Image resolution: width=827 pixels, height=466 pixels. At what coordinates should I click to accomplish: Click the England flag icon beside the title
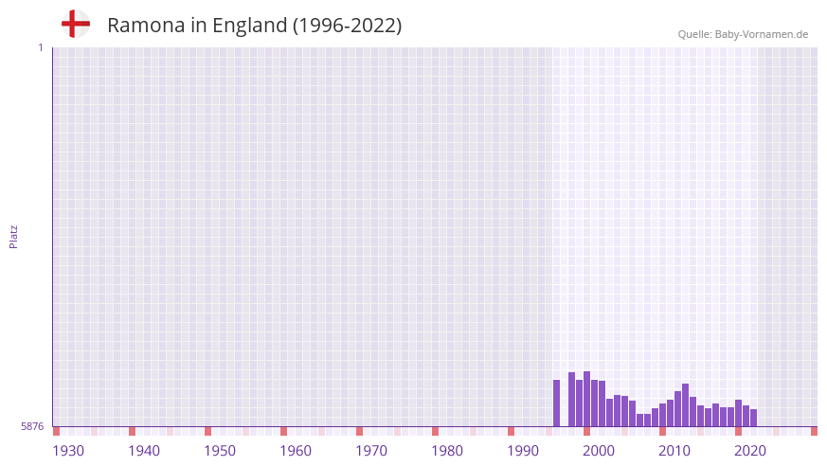75,24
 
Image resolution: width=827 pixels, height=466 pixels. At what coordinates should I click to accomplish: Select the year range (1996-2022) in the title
347,26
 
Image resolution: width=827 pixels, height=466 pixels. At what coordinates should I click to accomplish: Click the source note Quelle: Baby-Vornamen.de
743,34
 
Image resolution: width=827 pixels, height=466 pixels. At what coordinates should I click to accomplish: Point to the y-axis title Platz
13,236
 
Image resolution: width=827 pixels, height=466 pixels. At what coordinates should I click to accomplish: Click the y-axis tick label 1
40,47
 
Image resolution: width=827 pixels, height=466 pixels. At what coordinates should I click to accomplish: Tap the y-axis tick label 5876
32,427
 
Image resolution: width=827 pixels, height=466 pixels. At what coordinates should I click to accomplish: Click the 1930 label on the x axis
68,451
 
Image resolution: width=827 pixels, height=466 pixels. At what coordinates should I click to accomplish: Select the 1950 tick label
220,451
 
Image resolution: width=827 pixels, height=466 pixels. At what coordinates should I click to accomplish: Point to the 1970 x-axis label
371,451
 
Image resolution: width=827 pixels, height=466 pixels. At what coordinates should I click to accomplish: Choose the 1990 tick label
523,451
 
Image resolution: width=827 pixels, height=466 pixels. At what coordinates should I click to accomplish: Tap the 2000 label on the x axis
599,451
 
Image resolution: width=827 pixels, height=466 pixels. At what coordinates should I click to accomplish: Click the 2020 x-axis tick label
750,451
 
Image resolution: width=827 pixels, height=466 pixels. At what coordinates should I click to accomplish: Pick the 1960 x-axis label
296,451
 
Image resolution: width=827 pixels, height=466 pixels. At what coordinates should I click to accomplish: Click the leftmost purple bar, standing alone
557,403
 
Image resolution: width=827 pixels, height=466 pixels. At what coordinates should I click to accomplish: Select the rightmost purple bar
754,418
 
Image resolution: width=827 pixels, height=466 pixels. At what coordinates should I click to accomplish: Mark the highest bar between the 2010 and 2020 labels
685,404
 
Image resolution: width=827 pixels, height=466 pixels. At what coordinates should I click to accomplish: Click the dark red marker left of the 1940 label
133,431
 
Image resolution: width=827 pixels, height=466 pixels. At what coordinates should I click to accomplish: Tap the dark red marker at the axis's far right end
814,431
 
